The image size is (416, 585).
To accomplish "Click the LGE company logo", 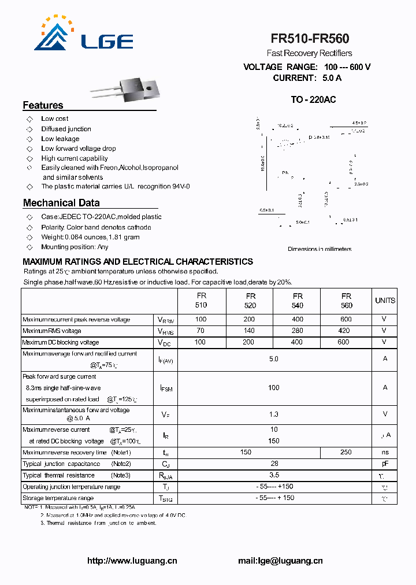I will [84, 36].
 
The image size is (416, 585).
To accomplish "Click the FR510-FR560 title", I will [310, 39].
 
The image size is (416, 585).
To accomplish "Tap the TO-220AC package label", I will [313, 99].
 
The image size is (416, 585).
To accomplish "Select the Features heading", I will [43, 105].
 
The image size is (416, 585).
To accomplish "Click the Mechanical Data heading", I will [61, 203].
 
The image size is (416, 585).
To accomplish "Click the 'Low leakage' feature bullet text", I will [60, 139].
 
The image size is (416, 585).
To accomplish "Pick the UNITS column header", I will [385, 301].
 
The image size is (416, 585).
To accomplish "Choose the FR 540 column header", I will [298, 301].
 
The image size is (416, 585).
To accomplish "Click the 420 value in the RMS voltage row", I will [344, 331].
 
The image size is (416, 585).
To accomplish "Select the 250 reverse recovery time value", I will [346, 452].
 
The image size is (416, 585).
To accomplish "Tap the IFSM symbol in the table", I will [165, 388].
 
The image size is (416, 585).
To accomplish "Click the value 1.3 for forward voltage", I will [274, 414].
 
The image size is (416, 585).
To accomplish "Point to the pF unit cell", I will [385, 464].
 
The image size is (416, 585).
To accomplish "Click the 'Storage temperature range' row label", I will [58, 498].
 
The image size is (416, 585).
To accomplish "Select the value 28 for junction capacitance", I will [274, 464].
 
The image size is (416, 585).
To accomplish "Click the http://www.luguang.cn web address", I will [132, 561].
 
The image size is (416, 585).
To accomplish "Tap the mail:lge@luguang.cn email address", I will [280, 561].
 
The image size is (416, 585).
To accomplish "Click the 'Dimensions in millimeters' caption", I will [320, 249].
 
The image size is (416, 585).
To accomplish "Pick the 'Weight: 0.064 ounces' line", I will [90, 237].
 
